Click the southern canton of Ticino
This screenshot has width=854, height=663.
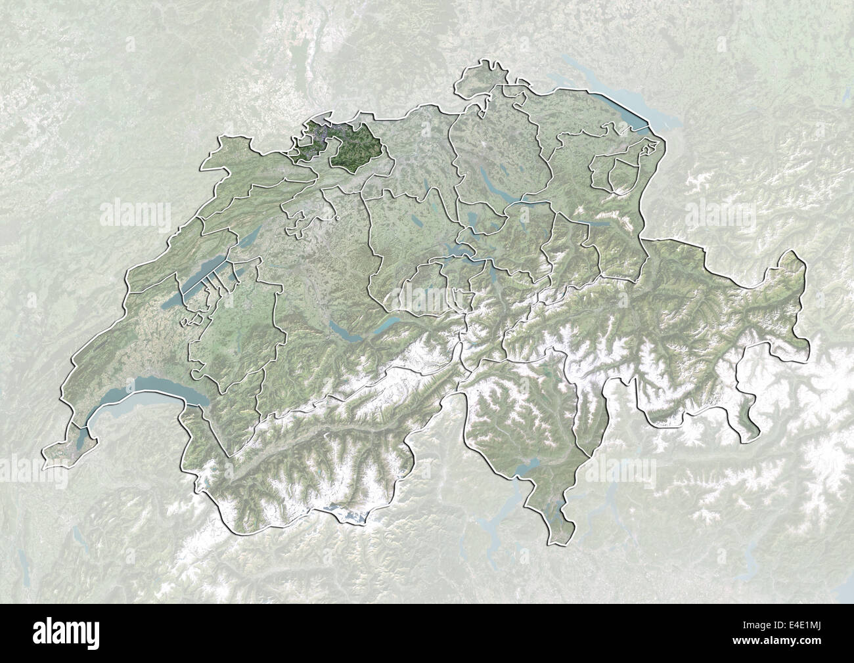click(526, 420)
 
